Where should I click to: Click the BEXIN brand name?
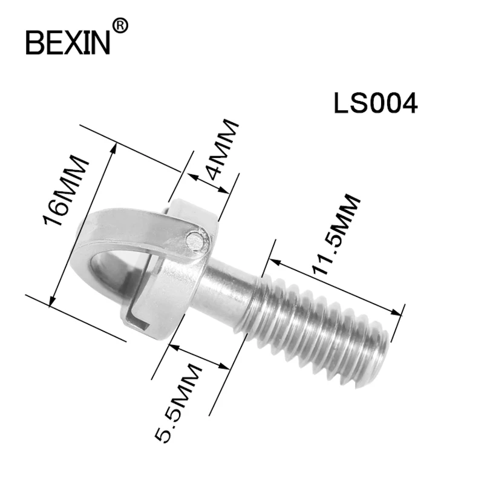pyautogui.click(x=68, y=41)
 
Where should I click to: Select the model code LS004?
pyautogui.click(x=375, y=104)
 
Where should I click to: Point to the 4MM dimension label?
pyautogui.click(x=221, y=151)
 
